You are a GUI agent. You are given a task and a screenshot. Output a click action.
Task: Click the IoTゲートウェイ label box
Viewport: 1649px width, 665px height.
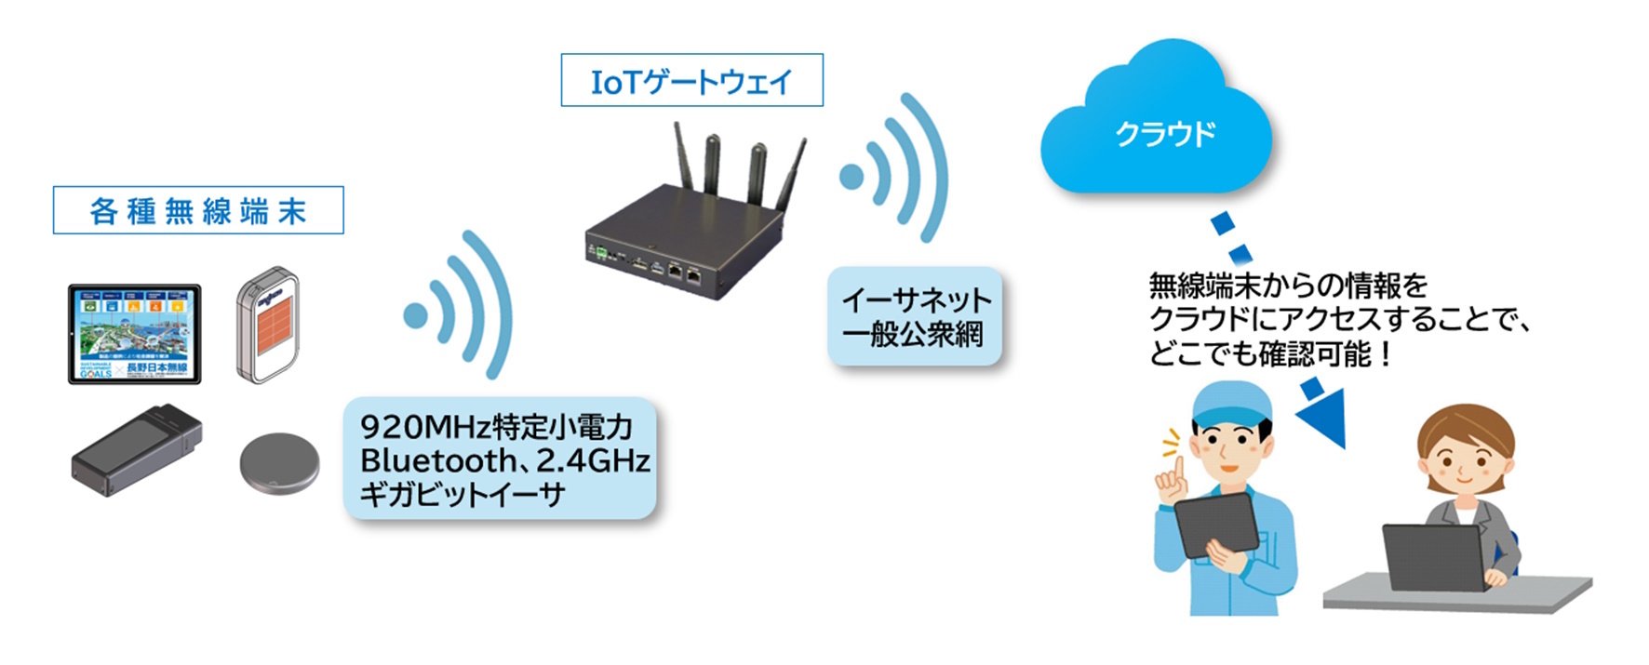click(691, 81)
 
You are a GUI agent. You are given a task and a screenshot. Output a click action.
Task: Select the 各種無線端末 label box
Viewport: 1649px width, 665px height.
click(198, 211)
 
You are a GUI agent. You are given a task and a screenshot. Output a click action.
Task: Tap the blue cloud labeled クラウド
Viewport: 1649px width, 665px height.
click(1159, 130)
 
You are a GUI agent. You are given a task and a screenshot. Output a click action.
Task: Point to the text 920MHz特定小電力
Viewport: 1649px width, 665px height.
click(496, 427)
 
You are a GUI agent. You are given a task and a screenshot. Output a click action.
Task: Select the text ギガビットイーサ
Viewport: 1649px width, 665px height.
click(463, 494)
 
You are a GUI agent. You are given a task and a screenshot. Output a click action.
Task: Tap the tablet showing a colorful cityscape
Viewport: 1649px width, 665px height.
click(134, 334)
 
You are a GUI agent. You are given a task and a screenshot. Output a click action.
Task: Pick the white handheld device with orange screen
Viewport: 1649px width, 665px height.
click(268, 326)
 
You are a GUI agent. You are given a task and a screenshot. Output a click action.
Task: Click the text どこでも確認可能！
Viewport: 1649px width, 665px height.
click(1270, 354)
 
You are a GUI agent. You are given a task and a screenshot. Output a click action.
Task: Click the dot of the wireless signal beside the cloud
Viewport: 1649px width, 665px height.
click(851, 177)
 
